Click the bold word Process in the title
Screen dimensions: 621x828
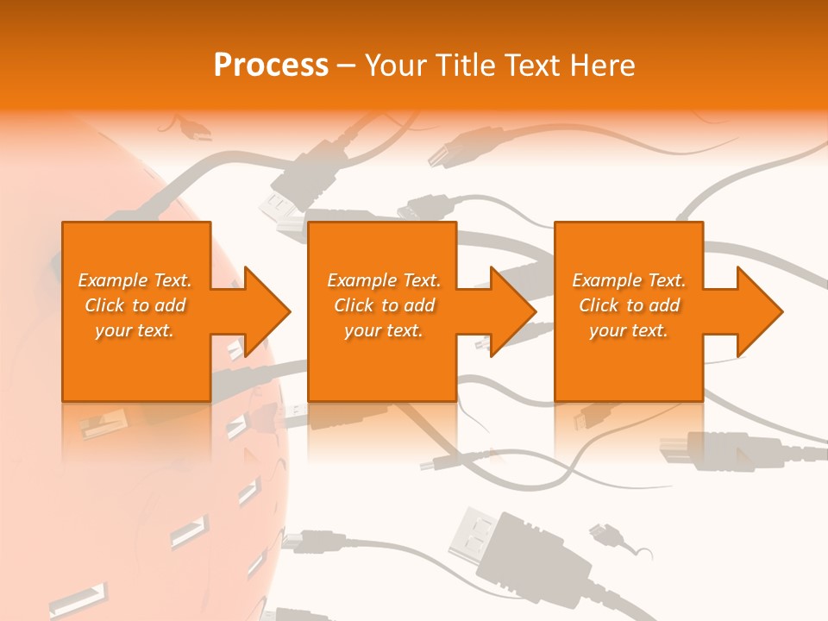tap(271, 65)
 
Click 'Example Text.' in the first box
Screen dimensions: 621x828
tap(135, 280)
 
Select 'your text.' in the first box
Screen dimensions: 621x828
tap(135, 330)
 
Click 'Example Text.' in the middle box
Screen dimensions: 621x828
tap(384, 280)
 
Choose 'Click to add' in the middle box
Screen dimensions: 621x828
tap(384, 305)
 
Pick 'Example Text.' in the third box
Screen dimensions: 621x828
tap(629, 280)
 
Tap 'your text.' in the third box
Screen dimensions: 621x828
tap(629, 330)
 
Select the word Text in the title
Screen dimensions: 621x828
tap(530, 65)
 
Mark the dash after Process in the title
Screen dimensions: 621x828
tap(347, 65)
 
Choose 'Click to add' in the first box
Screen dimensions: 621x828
tap(135, 305)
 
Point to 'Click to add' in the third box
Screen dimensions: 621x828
tap(629, 305)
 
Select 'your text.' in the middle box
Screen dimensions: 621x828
tap(384, 330)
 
